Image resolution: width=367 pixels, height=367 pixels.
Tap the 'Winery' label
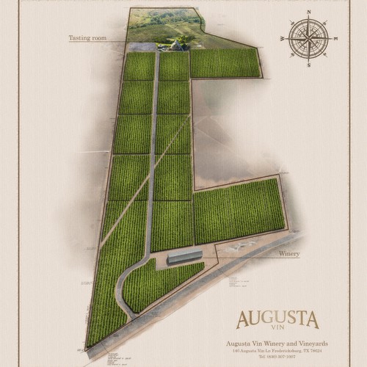coord(289,253)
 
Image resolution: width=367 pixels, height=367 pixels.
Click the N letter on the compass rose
coord(309,12)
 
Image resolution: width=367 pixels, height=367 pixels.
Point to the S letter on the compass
coord(309,65)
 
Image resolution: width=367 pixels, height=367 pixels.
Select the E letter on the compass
coord(335,38)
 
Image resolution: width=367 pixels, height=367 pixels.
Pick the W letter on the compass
coord(283,38)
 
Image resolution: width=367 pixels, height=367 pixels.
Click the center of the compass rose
coord(309,38)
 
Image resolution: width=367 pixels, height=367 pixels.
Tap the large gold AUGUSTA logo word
coord(277,319)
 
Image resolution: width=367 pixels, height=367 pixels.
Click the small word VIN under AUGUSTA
coord(277,332)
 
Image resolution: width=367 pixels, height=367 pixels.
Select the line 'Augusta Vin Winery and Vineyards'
coord(277,344)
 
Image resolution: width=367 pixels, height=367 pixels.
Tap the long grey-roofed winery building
coord(184,257)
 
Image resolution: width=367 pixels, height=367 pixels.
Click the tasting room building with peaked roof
coord(177,46)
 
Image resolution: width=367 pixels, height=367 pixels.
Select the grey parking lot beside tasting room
coord(147,47)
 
